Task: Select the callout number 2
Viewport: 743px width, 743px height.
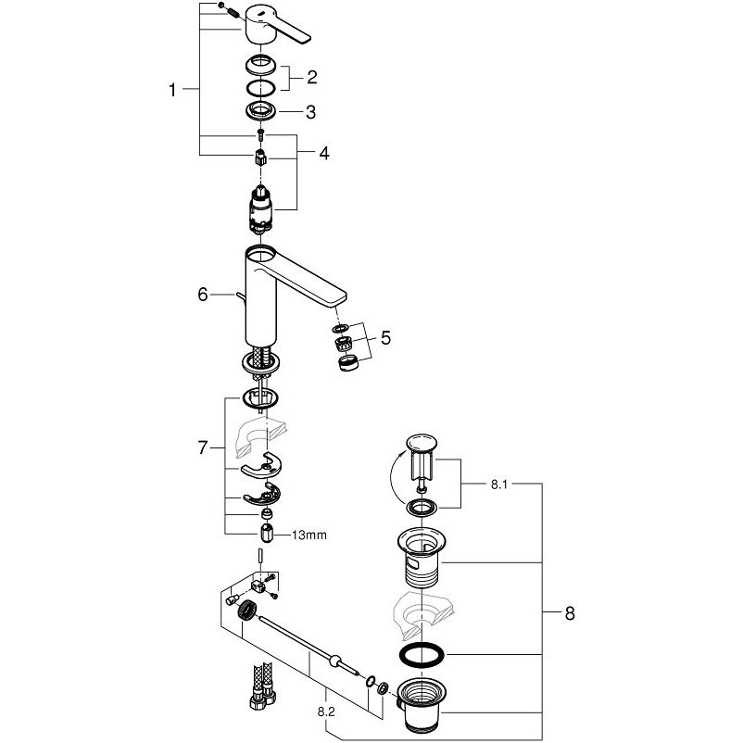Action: point(312,78)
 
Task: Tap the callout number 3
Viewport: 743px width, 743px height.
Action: point(311,112)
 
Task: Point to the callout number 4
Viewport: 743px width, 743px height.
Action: point(323,154)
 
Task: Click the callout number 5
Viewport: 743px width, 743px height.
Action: point(384,339)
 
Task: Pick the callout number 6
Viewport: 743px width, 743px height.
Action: point(202,295)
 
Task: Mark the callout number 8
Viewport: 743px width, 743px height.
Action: point(569,612)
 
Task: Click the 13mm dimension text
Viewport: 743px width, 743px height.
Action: point(311,535)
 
